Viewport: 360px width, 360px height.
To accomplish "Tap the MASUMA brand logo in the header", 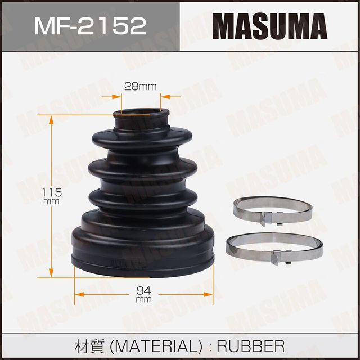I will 269,26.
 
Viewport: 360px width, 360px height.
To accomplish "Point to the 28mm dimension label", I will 140,86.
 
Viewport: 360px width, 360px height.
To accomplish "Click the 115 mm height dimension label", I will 51,196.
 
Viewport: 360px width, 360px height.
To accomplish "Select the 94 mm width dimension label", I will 144,294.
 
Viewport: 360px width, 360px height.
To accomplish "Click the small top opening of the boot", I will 141,114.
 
